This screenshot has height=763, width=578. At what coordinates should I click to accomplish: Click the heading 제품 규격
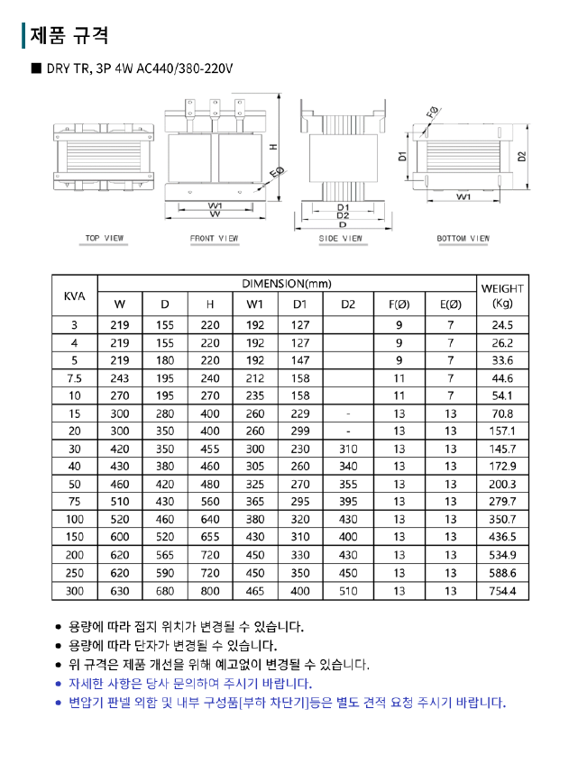coord(69,35)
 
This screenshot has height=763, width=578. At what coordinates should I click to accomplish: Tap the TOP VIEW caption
coord(105,239)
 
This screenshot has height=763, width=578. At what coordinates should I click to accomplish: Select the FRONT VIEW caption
coord(215,239)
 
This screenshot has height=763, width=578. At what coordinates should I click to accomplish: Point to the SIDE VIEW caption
coord(340,239)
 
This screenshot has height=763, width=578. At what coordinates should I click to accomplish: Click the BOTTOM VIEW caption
coord(463,239)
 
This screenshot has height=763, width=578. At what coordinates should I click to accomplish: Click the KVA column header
coord(74,295)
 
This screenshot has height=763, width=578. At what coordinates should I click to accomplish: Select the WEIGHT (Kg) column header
coord(502,295)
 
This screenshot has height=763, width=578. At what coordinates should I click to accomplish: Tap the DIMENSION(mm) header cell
coord(287,284)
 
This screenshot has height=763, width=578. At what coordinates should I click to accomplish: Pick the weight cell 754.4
coord(502,591)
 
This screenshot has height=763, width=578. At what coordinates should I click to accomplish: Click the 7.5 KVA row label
coord(74,378)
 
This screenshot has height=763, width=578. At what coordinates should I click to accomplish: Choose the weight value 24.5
coord(502,325)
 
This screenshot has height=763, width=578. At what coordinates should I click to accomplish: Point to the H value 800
coord(210,591)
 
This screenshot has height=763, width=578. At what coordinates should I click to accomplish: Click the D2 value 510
coord(348,591)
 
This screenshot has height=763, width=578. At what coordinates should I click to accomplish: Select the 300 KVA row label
coord(74,591)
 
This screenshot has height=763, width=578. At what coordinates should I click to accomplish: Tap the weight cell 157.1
coord(502,431)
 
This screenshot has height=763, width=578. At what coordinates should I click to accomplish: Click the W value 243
coord(120,378)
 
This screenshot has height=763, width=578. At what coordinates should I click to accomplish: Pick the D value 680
coord(165,591)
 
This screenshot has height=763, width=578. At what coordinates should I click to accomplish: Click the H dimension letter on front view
coord(271,148)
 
